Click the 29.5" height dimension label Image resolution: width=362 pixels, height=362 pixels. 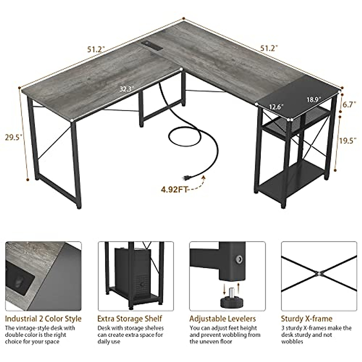14,138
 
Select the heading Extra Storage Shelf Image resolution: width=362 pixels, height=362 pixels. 130,319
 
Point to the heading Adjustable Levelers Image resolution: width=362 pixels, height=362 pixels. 223,319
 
